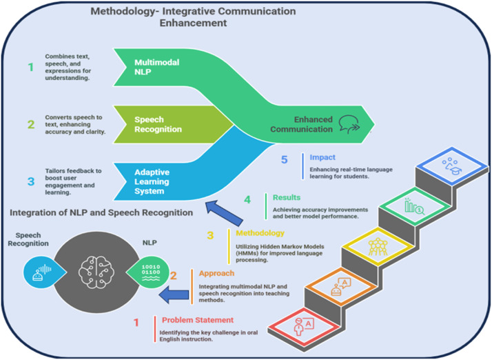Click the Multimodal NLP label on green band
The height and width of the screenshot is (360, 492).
pyautogui.click(x=156, y=67)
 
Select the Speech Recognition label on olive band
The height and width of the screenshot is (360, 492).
pyautogui.click(x=158, y=124)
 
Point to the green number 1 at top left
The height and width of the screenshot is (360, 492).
pyautogui.click(x=30, y=67)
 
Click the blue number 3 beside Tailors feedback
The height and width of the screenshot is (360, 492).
pyautogui.click(x=30, y=182)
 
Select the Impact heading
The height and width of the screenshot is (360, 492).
pyautogui.click(x=322, y=157)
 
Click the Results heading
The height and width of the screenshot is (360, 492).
pyautogui.click(x=287, y=197)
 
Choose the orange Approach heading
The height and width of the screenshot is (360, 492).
pyautogui.click(x=216, y=272)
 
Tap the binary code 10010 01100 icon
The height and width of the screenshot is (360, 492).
pyautogui.click(x=149, y=270)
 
